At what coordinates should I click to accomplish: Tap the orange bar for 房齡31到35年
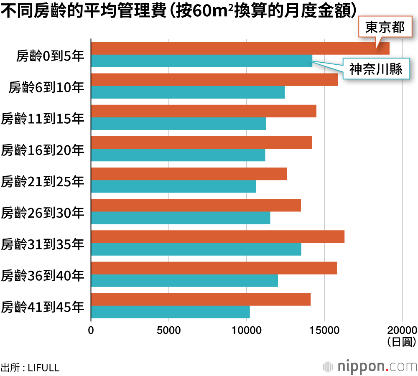pyautogui.click(x=217, y=236)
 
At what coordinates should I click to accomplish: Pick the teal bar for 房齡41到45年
pyautogui.click(x=170, y=312)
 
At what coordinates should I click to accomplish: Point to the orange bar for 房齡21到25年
pyautogui.click(x=189, y=174)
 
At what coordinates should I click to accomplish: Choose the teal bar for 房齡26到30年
pyautogui.click(x=181, y=218)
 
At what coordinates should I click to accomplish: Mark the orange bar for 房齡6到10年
pyautogui.click(x=214, y=80)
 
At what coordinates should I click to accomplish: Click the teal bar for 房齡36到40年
pyautogui.click(x=184, y=280)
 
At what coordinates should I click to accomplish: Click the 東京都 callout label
pyautogui.click(x=385, y=28)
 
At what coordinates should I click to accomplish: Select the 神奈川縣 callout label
pyautogui.click(x=376, y=69)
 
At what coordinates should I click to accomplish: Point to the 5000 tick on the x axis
pyautogui.click(x=169, y=330)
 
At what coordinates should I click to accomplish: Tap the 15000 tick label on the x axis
pyautogui.click(x=324, y=330)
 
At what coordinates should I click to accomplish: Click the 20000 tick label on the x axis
pyautogui.click(x=402, y=330)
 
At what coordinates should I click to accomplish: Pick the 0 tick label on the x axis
pyautogui.click(x=91, y=330)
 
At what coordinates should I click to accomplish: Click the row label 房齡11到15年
pyautogui.click(x=43, y=118)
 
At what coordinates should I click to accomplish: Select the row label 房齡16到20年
pyautogui.click(x=43, y=150)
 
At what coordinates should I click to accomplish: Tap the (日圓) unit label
pyautogui.click(x=402, y=342)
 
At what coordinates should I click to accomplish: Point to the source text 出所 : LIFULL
pyautogui.click(x=30, y=368)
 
